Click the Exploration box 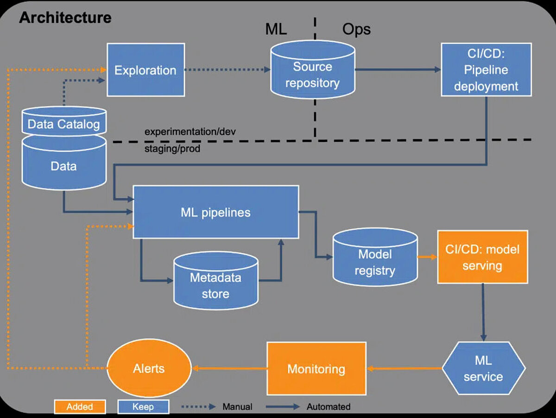(x=146, y=70)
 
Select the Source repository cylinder (x=312, y=75)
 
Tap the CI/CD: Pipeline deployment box (x=486, y=70)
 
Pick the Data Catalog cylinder (x=63, y=124)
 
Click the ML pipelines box (x=215, y=212)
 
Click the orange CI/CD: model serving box (x=482, y=257)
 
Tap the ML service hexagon (x=483, y=368)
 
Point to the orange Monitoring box (x=316, y=369)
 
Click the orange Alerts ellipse (x=149, y=368)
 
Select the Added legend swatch (x=80, y=407)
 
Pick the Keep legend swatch (x=143, y=407)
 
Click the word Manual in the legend (x=237, y=407)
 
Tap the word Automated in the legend (x=329, y=407)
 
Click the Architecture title (x=65, y=18)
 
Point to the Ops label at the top (x=356, y=29)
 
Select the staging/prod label (x=172, y=149)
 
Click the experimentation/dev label (x=190, y=132)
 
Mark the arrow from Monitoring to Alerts (x=229, y=369)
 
